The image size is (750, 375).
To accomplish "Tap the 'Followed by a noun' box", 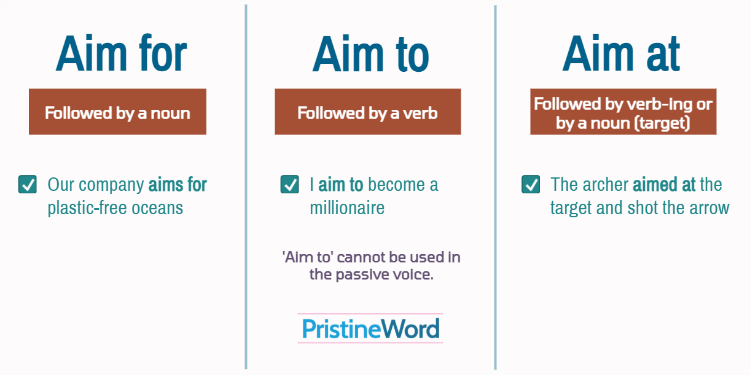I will [117, 112].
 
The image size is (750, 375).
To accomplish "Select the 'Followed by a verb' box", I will [367, 112].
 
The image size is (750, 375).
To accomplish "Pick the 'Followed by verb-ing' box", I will [623, 112].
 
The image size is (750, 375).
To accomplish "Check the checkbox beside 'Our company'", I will [28, 184].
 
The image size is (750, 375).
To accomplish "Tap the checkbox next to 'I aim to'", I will [289, 184].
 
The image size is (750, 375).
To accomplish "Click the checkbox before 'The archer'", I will [531, 184].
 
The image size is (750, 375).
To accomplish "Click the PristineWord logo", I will [370, 328].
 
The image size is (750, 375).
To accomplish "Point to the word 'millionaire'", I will [347, 208].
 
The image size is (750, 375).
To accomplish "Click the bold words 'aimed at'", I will [664, 185].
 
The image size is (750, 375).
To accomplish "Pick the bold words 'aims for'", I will [178, 185].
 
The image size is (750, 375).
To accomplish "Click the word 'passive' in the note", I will [361, 274].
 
